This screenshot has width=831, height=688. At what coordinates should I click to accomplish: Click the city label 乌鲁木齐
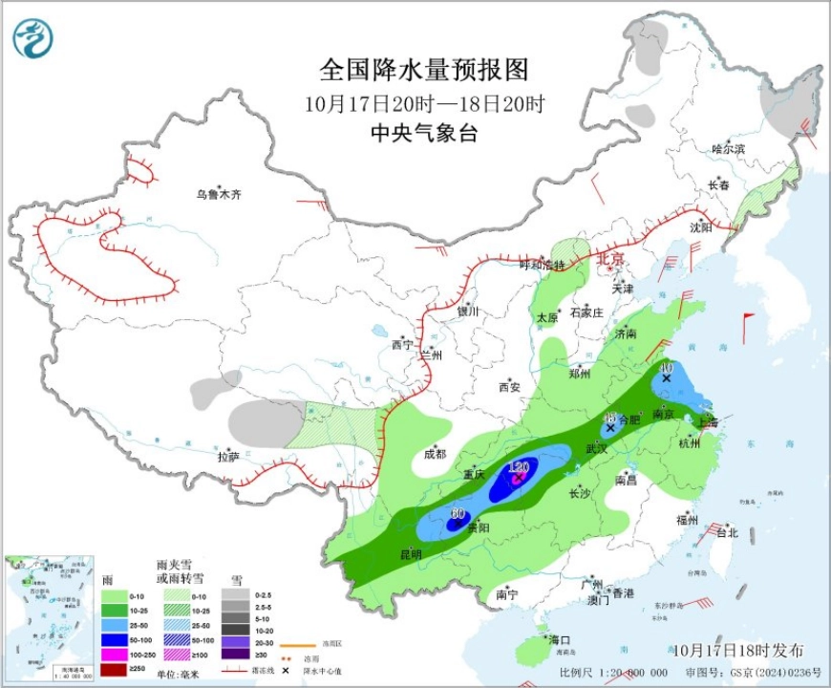click(x=219, y=194)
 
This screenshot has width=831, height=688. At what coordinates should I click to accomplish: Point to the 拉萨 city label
click(x=227, y=457)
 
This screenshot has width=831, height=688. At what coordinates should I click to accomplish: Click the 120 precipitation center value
click(x=519, y=467)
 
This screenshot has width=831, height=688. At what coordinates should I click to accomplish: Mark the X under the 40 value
click(x=666, y=379)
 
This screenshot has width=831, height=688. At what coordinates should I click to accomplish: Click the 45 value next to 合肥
click(x=610, y=418)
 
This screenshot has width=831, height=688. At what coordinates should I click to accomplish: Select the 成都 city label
click(x=435, y=454)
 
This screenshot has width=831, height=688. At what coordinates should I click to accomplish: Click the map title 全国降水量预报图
click(x=423, y=71)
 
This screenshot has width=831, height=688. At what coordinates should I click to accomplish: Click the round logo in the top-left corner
click(x=33, y=38)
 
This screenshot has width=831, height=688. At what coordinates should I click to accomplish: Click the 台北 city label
click(x=726, y=533)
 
